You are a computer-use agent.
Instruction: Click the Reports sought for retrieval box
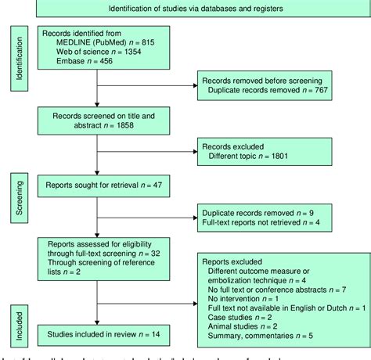(x=96, y=185)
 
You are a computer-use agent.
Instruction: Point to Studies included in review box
(x=96, y=311)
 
